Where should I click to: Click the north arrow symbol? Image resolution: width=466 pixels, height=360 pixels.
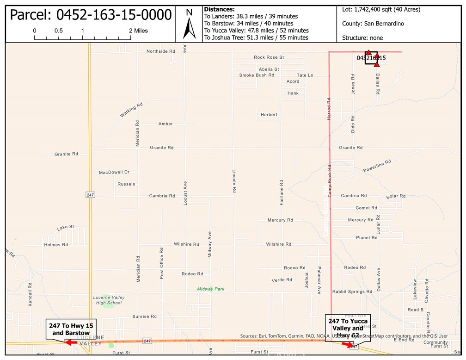[189, 24]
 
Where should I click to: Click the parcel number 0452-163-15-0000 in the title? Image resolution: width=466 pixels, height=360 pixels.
[91, 15]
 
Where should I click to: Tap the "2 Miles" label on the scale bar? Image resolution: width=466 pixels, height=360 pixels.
[138, 31]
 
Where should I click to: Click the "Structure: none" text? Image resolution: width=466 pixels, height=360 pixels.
[362, 37]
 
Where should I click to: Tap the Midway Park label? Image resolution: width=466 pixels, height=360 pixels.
[211, 289]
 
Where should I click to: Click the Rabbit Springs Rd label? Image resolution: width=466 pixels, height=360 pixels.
[352, 292]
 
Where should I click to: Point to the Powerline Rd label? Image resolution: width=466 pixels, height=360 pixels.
[377, 166]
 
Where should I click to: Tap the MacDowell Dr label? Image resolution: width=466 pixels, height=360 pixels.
[114, 173]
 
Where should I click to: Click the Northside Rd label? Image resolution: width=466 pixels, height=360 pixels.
[161, 51]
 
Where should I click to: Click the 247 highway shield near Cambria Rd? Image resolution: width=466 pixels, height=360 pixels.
[90, 195]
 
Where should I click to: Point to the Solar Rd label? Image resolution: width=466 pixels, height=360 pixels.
[396, 196]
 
